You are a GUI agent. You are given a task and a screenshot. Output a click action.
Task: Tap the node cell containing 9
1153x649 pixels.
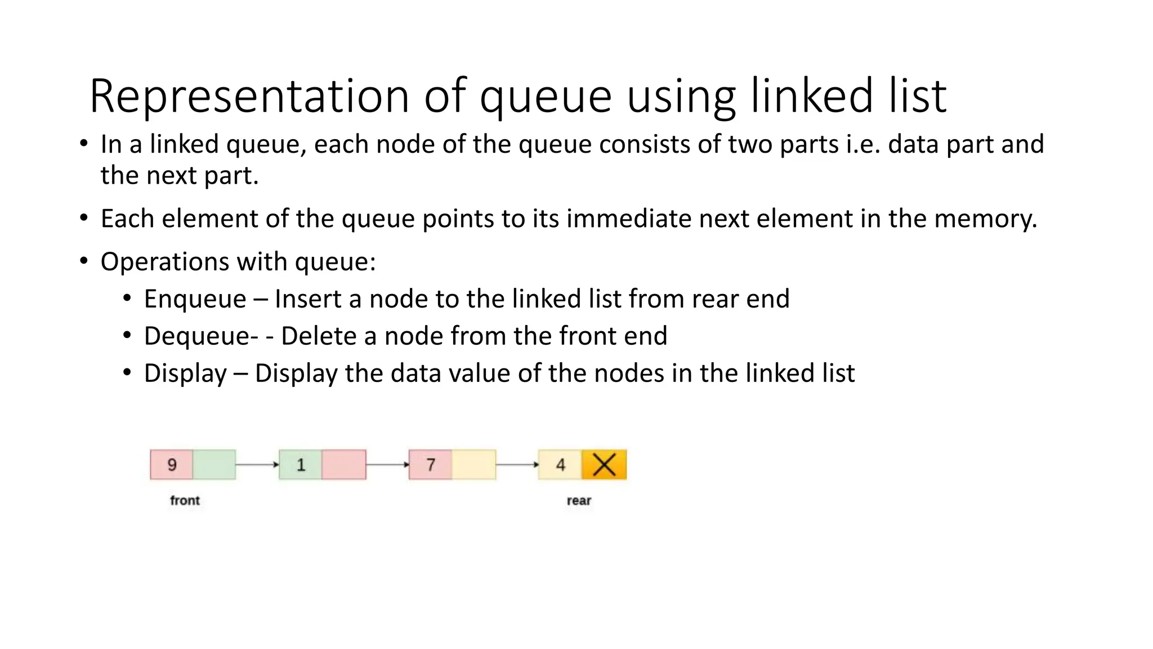(x=172, y=465)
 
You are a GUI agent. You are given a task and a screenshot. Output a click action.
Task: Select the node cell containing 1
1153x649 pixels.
(x=301, y=465)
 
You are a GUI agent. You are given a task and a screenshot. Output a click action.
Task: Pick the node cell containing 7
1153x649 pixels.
(x=431, y=465)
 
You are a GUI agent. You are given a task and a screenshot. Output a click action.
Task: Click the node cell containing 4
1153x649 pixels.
(x=560, y=465)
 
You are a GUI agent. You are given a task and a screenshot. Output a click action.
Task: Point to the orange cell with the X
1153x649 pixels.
(x=604, y=465)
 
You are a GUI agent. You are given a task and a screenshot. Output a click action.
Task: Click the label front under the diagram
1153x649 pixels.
(x=185, y=500)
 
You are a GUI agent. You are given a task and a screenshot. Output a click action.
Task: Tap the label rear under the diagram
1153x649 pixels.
(x=579, y=500)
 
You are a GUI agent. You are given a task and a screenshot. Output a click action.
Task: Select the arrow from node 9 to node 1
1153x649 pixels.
(x=257, y=465)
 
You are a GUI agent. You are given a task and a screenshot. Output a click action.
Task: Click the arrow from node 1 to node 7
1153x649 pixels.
(x=387, y=465)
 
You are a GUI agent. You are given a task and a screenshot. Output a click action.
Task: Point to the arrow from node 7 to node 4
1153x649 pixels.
(x=517, y=465)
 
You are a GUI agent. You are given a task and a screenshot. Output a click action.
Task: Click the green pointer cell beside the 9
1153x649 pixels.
(x=214, y=465)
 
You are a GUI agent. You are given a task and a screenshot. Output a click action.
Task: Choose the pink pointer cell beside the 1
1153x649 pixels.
(x=344, y=465)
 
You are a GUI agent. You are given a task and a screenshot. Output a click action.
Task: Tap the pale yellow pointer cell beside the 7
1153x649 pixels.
(x=473, y=465)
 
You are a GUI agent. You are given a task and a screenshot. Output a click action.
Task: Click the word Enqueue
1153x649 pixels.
(x=195, y=299)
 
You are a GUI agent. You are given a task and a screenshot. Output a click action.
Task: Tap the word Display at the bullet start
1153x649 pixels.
(x=185, y=374)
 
